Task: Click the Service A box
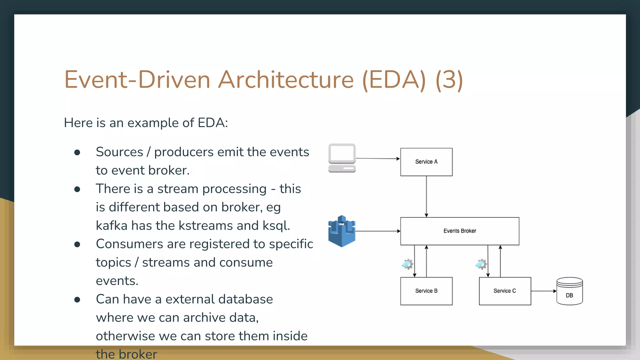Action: [426, 162]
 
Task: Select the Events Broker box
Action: [459, 231]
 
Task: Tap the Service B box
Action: [426, 291]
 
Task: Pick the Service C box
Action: [505, 291]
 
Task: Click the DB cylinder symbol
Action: [569, 291]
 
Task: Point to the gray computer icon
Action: [342, 158]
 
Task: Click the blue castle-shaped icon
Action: [342, 231]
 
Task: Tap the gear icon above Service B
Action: [407, 264]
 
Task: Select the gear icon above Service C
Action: [481, 264]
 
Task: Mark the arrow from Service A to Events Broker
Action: [426, 196]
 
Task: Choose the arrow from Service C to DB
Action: [543, 291]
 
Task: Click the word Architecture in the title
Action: [286, 80]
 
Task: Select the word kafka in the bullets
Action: [112, 225]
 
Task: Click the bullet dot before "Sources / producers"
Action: [77, 152]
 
